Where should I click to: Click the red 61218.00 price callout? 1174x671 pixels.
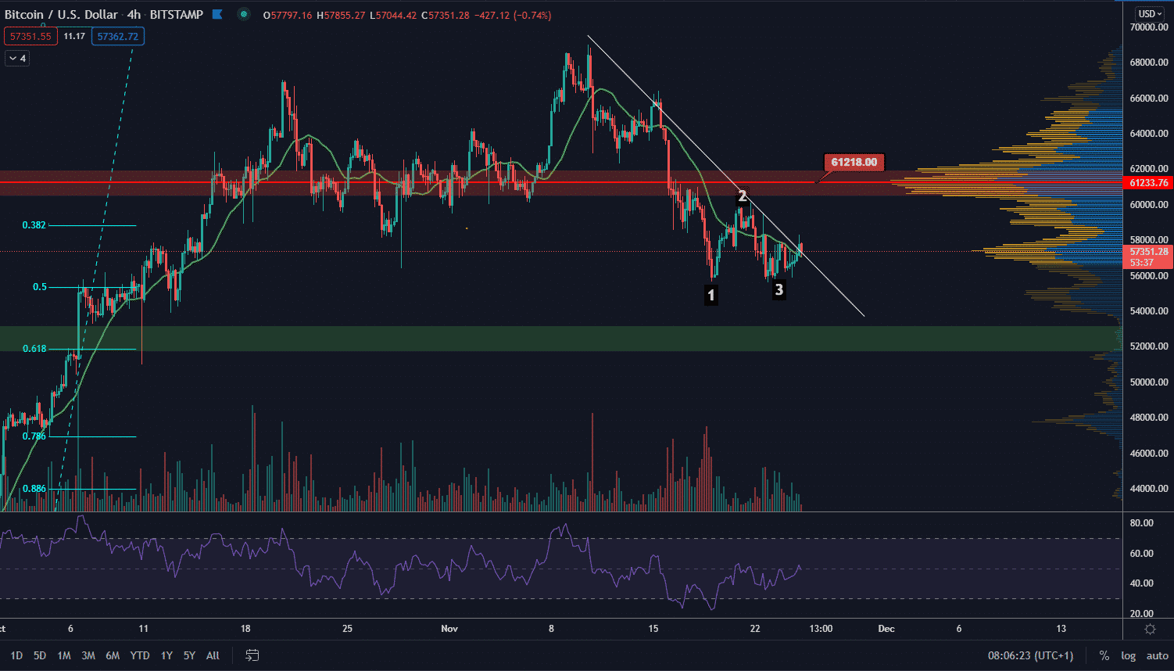pyautogui.click(x=854, y=162)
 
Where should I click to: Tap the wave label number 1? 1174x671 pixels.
pyautogui.click(x=710, y=296)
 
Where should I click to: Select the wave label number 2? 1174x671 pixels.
pyautogui.click(x=743, y=196)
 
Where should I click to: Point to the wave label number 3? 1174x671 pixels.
pyautogui.click(x=778, y=289)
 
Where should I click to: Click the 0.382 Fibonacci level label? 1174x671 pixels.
pyautogui.click(x=34, y=225)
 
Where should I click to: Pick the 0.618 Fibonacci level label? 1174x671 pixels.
pyautogui.click(x=34, y=349)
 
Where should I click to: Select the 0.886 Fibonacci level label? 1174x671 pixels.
pyautogui.click(x=34, y=489)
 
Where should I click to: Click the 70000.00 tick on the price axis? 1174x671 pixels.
pyautogui.click(x=1148, y=27)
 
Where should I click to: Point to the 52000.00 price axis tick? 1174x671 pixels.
pyautogui.click(x=1148, y=346)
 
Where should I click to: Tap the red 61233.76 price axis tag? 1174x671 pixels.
pyautogui.click(x=1148, y=183)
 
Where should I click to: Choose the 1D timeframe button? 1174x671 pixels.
pyautogui.click(x=16, y=655)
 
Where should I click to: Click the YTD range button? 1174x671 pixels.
pyautogui.click(x=140, y=655)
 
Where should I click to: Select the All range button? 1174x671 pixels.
pyautogui.click(x=213, y=655)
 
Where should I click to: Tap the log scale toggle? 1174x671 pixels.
pyautogui.click(x=1128, y=655)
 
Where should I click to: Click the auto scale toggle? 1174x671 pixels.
pyautogui.click(x=1157, y=655)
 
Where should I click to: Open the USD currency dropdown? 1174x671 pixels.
pyautogui.click(x=1151, y=13)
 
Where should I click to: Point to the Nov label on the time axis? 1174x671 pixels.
pyautogui.click(x=449, y=629)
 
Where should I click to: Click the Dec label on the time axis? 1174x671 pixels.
pyautogui.click(x=886, y=629)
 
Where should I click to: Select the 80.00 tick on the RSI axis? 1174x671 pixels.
pyautogui.click(x=1142, y=523)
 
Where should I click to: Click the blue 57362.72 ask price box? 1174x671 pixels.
pyautogui.click(x=117, y=36)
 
